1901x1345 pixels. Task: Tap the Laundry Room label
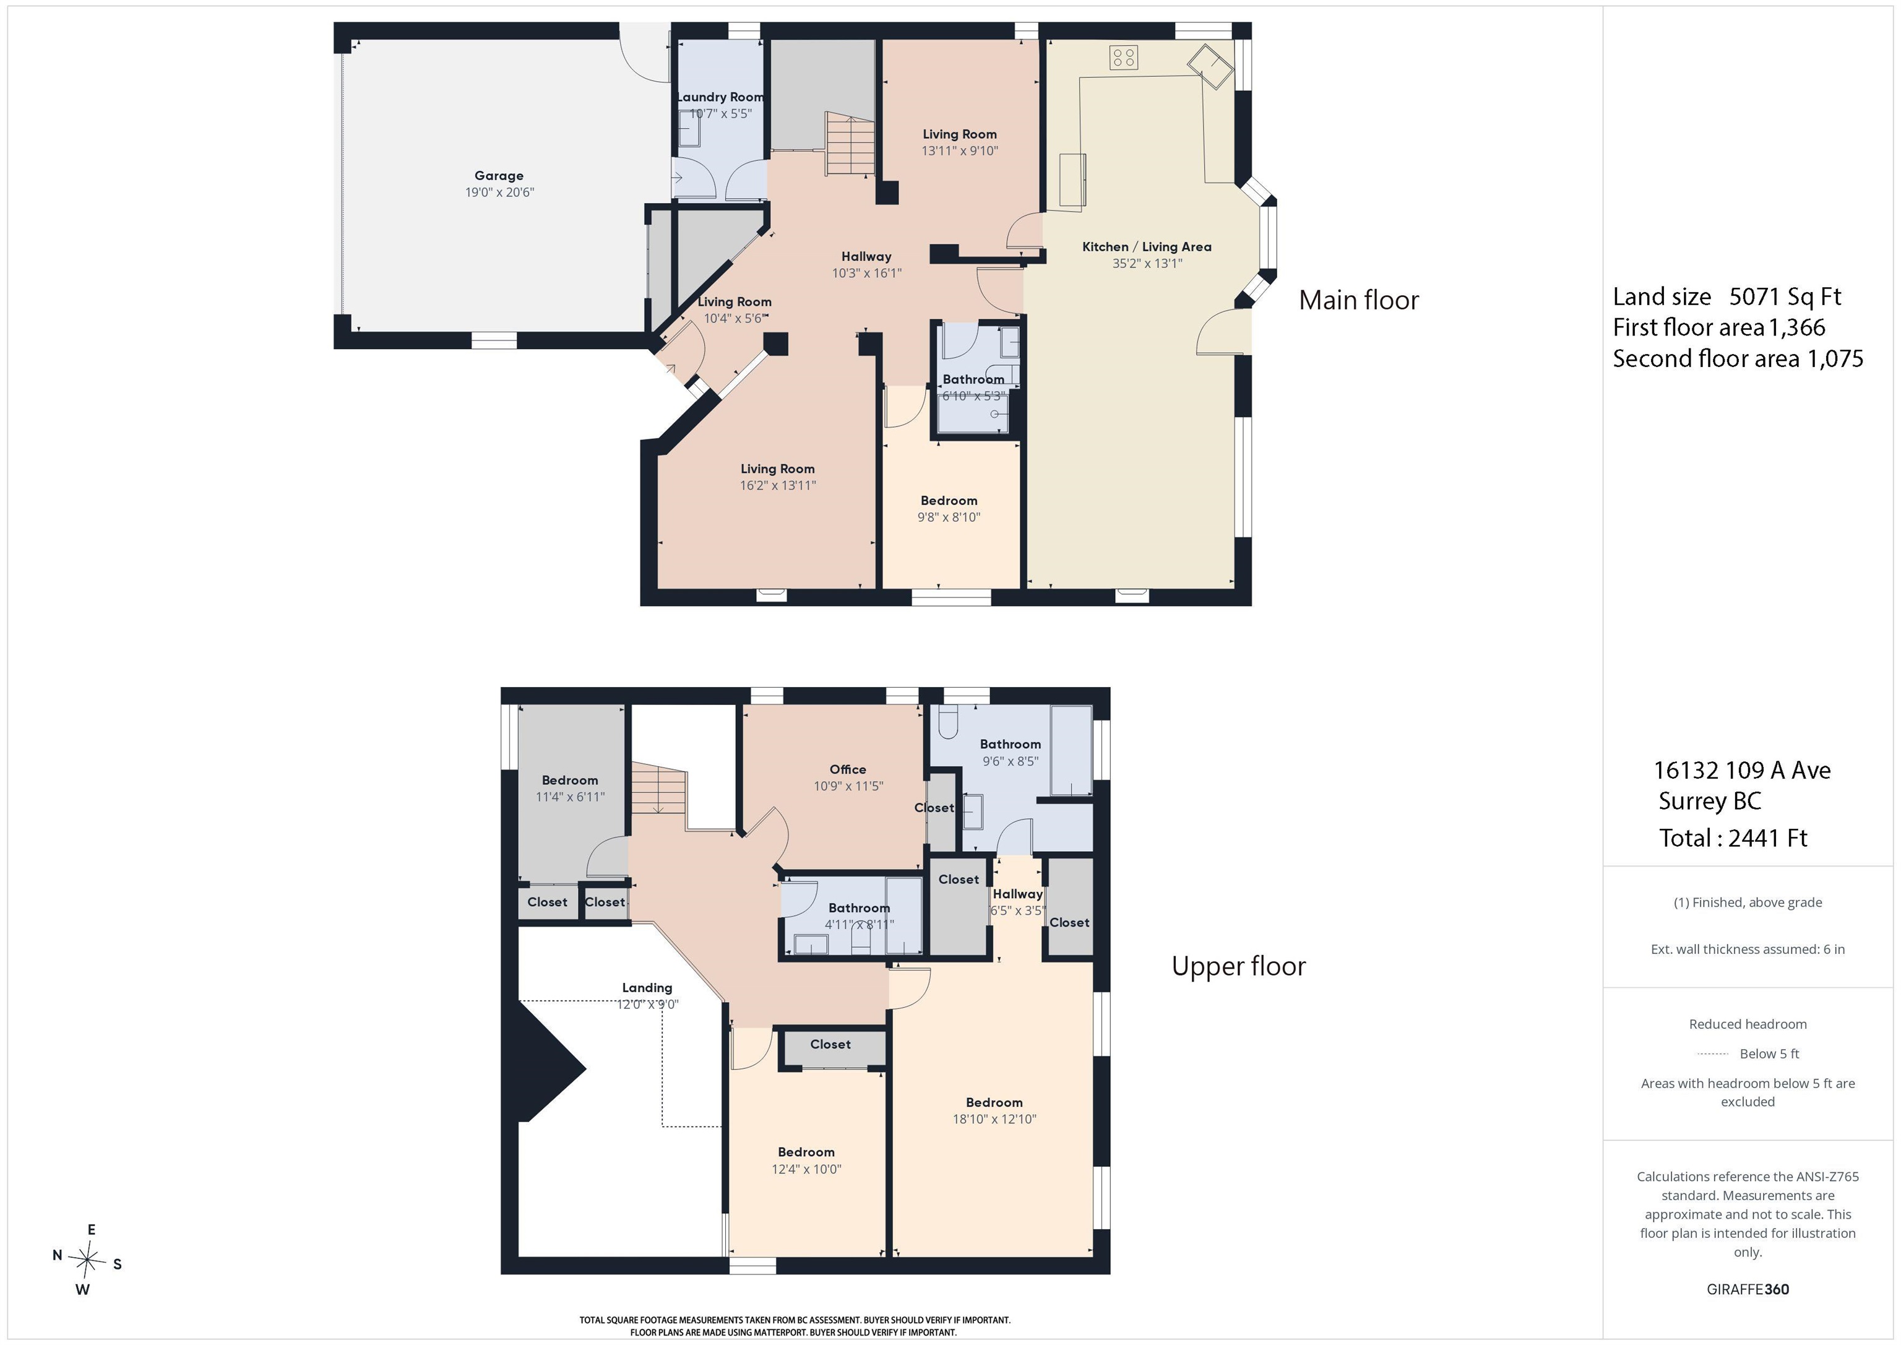point(720,97)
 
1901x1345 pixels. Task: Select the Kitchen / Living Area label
point(1147,247)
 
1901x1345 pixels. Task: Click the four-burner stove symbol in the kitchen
point(1124,57)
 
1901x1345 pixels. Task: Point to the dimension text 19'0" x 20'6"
point(499,192)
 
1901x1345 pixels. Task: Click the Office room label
point(848,769)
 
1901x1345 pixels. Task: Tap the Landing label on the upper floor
point(647,987)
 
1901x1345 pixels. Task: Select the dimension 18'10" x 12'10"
point(994,1119)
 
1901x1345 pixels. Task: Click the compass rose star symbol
point(87,1260)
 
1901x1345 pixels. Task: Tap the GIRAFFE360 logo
point(1748,1289)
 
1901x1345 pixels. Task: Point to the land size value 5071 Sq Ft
point(1785,296)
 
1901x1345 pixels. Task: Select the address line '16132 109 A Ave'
point(1742,770)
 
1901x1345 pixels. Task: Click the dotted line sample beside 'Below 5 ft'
point(1712,1054)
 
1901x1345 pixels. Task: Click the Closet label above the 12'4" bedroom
point(830,1044)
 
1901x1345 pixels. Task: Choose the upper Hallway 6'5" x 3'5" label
point(1017,894)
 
